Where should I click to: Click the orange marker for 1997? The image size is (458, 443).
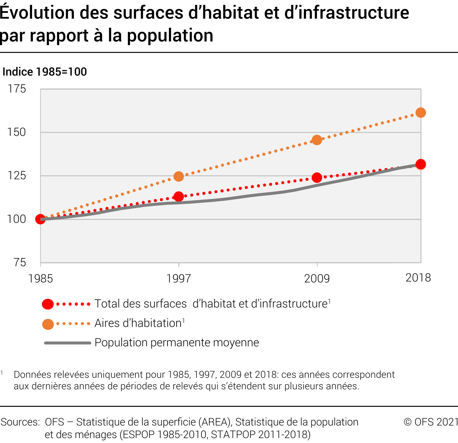(178, 177)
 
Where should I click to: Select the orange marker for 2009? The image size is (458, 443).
(317, 140)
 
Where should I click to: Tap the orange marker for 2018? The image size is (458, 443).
(421, 113)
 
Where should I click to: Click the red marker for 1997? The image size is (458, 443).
(178, 197)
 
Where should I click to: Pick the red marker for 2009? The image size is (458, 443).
(317, 178)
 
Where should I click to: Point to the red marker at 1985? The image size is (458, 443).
(40, 219)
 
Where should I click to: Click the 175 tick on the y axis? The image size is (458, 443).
(17, 89)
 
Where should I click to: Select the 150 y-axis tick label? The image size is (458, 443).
(17, 132)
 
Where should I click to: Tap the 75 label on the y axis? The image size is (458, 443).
(20, 262)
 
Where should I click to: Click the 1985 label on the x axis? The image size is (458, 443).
(40, 279)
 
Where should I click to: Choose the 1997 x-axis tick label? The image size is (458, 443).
(178, 279)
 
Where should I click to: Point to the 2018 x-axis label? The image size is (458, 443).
(418, 278)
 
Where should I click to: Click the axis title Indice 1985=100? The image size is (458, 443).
(45, 72)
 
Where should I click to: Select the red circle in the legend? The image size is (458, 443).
(48, 304)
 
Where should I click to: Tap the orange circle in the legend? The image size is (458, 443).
(48, 324)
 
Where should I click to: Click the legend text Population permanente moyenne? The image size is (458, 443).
(177, 343)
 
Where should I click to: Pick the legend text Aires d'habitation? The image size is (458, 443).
(138, 323)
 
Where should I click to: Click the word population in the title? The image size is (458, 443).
(170, 36)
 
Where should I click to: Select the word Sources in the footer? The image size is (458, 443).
(20, 422)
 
